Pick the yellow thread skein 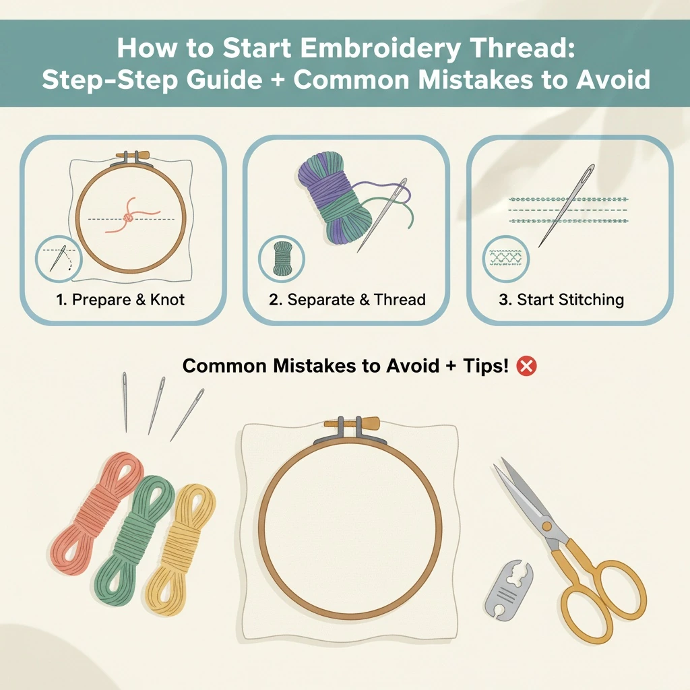coord(181,549)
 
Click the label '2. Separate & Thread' coord(347,300)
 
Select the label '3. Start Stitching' coord(561,300)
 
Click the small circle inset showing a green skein coord(282,258)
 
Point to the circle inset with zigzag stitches coord(505,259)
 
